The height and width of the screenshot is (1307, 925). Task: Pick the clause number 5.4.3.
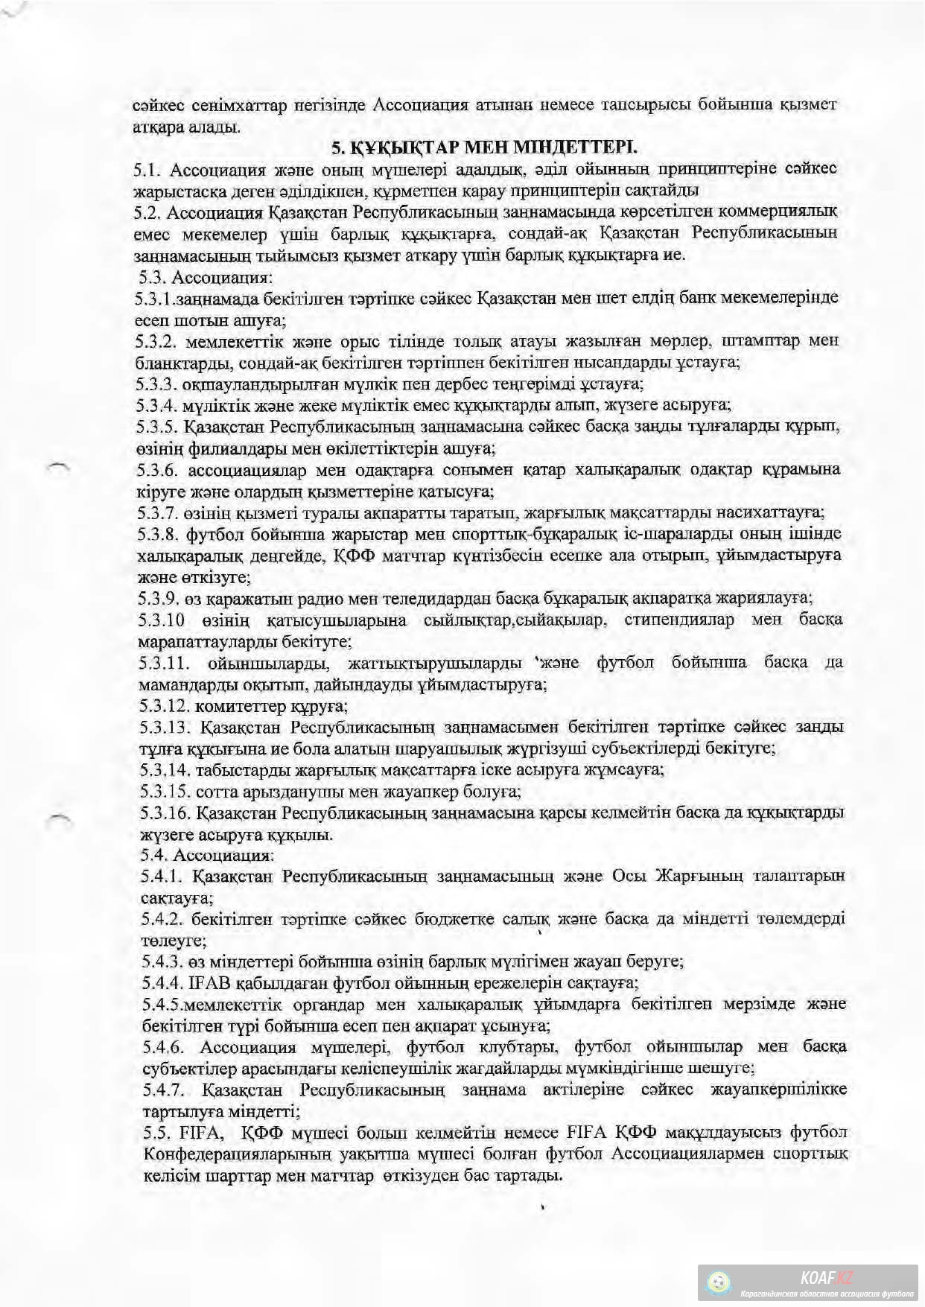tap(160, 961)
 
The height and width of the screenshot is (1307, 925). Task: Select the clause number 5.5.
tap(153, 1133)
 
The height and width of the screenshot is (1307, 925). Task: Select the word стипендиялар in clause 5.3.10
tap(676, 620)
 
